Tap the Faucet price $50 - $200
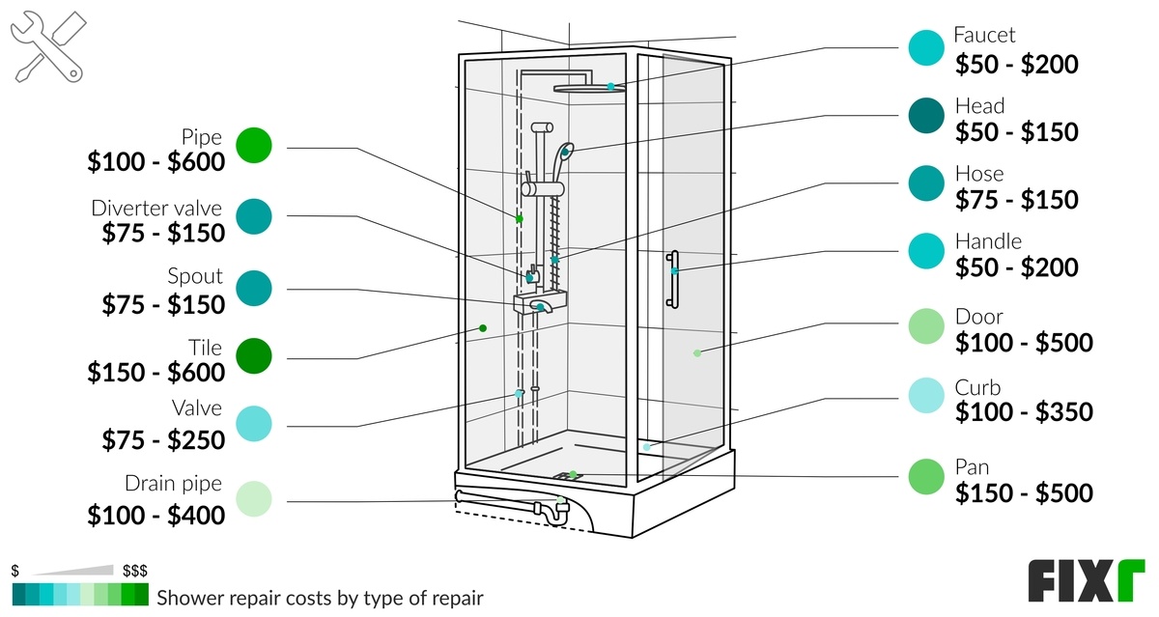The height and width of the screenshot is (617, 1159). click(1016, 65)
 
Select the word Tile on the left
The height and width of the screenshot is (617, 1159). click(205, 348)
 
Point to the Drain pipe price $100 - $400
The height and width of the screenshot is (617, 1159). click(155, 516)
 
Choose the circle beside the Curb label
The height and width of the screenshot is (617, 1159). click(928, 396)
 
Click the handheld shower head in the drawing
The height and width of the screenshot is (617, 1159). click(567, 152)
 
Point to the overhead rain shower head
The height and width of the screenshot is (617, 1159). click(589, 88)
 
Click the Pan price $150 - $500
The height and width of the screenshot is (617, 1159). click(1024, 493)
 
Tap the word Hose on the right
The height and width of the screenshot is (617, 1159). click(978, 174)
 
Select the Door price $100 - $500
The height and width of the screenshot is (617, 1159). click(1024, 343)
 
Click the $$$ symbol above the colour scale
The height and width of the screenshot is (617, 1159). click(134, 571)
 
